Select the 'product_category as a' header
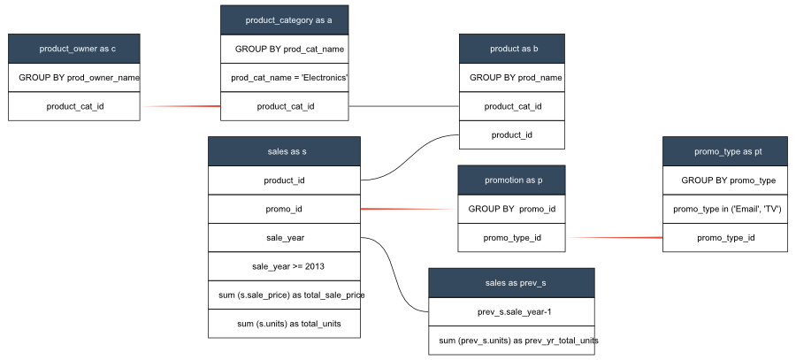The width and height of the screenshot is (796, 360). click(284, 19)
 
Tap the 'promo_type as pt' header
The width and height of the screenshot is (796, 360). click(728, 152)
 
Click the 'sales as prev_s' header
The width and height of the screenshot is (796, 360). click(511, 283)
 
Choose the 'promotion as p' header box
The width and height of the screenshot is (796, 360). click(511, 180)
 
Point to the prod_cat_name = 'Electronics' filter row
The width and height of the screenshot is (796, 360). click(284, 78)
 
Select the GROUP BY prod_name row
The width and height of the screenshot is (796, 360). click(511, 78)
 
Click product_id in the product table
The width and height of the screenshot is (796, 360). click(511, 134)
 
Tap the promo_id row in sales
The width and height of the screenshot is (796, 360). click(284, 209)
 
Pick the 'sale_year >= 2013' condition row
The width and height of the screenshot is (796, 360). click(284, 265)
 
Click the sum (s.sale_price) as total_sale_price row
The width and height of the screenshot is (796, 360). click(284, 295)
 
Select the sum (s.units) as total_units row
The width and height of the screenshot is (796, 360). click(284, 324)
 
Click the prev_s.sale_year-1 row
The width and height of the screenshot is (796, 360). click(511, 311)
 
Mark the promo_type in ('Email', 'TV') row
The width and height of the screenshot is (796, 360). click(728, 209)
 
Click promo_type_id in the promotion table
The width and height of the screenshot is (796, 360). click(511, 237)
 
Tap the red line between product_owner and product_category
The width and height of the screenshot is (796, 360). click(180, 106)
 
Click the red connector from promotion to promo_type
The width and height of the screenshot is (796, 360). click(614, 237)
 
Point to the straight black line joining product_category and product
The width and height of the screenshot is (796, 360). click(403, 106)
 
